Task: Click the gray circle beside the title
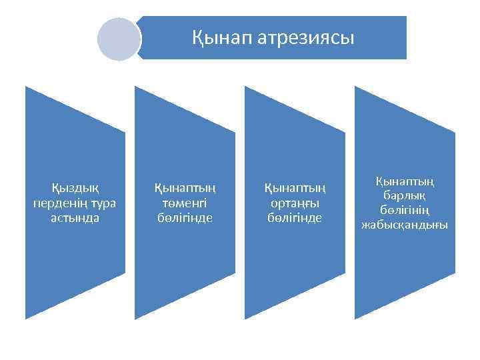pos(118,39)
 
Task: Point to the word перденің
pos(60,203)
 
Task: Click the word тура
pos(105,203)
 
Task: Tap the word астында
pos(75,218)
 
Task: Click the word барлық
pos(404,195)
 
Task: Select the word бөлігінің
pos(404,210)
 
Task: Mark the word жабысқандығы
pos(404,225)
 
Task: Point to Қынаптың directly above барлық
pos(404,181)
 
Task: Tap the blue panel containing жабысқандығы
pos(404,267)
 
